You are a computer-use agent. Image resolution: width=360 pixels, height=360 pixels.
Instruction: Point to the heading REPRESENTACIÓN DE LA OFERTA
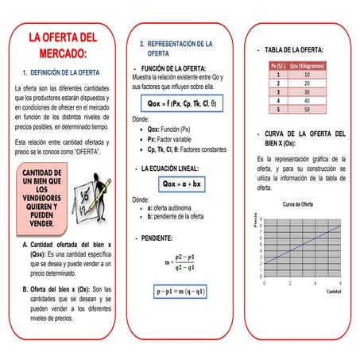(180, 47)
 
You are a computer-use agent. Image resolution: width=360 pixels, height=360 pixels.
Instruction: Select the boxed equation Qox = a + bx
(182, 184)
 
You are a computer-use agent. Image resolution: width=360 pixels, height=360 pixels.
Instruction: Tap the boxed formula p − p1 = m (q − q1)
(181, 292)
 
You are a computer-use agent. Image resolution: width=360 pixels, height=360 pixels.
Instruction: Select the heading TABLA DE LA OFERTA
(298, 49)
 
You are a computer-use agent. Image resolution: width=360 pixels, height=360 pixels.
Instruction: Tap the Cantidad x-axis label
(335, 291)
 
